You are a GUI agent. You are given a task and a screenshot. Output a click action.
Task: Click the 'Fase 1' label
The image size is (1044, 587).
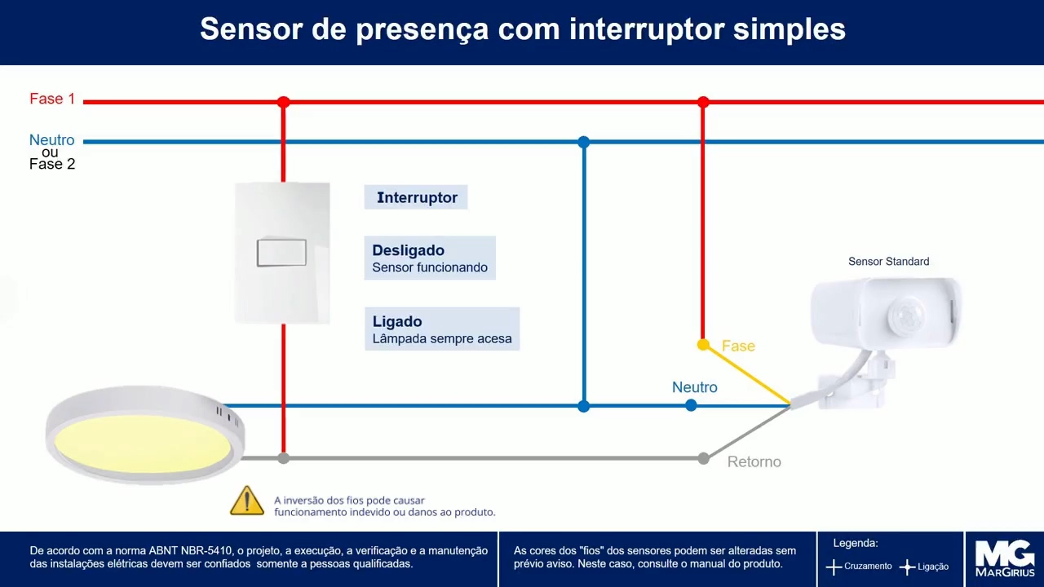point(52,99)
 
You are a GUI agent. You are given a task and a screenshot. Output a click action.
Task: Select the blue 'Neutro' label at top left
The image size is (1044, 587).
point(51,140)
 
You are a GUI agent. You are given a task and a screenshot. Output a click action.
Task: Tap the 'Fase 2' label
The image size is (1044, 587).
point(52,164)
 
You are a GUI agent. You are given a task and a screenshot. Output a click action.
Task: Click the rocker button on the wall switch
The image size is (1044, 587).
point(281,253)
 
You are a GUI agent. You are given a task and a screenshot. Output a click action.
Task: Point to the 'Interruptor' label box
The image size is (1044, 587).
point(416,197)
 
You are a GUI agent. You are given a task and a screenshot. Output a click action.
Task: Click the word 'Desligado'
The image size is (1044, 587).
point(408,250)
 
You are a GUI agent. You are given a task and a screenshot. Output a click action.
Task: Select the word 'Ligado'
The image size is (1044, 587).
point(397,321)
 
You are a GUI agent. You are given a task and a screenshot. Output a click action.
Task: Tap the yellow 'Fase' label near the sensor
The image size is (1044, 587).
point(738,346)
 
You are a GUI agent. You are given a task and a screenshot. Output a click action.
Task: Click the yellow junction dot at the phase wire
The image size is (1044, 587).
point(703,345)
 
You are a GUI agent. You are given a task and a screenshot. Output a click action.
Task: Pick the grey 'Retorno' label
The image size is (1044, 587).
point(754,461)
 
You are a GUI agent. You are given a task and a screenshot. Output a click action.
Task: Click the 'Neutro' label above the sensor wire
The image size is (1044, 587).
point(695,387)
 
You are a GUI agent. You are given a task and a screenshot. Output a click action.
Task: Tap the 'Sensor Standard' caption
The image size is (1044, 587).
point(888,262)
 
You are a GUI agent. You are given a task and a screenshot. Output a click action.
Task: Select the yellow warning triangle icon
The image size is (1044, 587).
point(246,501)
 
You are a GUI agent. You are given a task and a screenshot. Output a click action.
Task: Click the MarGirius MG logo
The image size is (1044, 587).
point(1005,558)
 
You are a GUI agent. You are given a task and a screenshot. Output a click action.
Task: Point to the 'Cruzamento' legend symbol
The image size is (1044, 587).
point(834,567)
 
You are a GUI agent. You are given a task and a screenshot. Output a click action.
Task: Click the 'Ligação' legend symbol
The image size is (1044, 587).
point(907,567)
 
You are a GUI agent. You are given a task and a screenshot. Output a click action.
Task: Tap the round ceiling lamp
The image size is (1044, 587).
point(144,436)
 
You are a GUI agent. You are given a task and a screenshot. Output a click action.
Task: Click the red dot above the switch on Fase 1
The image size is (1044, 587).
point(283,102)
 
